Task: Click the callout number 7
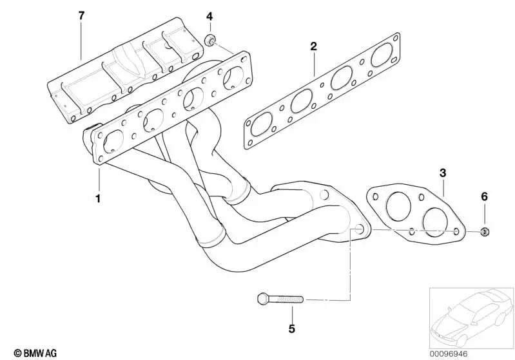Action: click(x=81, y=15)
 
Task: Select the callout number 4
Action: click(x=209, y=15)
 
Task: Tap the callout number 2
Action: click(x=313, y=46)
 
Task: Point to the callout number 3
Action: click(x=443, y=173)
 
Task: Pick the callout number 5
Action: click(x=291, y=329)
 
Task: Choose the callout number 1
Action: click(x=98, y=198)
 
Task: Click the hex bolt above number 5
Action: click(x=280, y=299)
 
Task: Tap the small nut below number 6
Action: click(x=484, y=231)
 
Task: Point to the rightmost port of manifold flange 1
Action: click(x=231, y=77)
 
